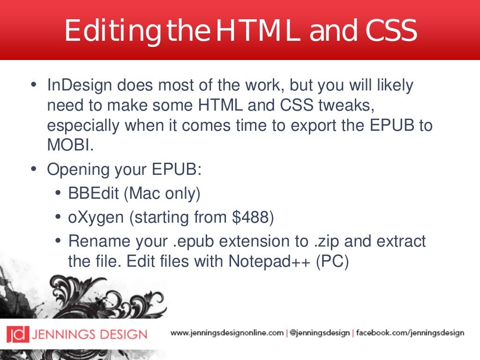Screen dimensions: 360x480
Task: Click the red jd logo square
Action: pyautogui.click(x=17, y=334)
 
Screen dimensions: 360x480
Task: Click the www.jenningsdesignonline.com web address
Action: pyautogui.click(x=227, y=333)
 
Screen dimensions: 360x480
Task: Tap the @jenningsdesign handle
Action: pyautogui.click(x=319, y=333)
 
